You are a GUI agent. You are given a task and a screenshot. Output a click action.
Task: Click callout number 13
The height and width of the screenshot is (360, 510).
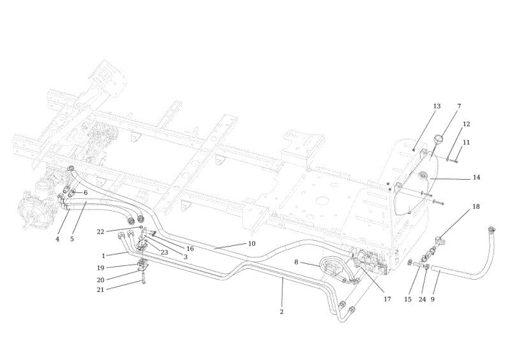437,106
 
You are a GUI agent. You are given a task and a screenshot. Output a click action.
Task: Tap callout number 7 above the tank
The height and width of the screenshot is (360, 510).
459,106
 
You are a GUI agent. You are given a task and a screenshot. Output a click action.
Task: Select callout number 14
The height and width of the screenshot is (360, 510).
476,178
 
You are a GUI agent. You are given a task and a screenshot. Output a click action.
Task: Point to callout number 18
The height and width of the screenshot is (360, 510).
476,206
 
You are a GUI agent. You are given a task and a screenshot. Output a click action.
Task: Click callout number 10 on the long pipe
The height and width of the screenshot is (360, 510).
252,243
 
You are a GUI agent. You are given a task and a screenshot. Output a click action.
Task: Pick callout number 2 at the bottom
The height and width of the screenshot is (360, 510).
282,312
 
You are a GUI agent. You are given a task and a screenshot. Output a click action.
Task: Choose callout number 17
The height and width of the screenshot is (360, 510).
387,299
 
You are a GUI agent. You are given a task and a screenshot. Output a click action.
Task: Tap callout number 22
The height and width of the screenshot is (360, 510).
100,232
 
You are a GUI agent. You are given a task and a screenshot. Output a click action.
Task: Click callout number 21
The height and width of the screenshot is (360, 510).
100,289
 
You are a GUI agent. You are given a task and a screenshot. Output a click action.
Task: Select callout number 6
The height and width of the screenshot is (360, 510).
85,193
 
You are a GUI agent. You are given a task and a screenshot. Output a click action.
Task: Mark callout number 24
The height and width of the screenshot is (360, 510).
422,299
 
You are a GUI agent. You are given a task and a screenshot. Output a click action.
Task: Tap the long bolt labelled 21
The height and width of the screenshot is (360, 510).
143,278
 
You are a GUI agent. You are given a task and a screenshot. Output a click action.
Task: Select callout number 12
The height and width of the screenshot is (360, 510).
466,124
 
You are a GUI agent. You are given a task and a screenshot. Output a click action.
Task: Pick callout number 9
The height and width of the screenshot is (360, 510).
433,299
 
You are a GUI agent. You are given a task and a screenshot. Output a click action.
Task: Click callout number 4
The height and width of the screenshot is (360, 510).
57,239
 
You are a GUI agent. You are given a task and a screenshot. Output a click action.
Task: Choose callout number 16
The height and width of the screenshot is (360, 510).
190,248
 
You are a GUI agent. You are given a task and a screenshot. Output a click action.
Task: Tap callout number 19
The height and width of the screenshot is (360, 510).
100,268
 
